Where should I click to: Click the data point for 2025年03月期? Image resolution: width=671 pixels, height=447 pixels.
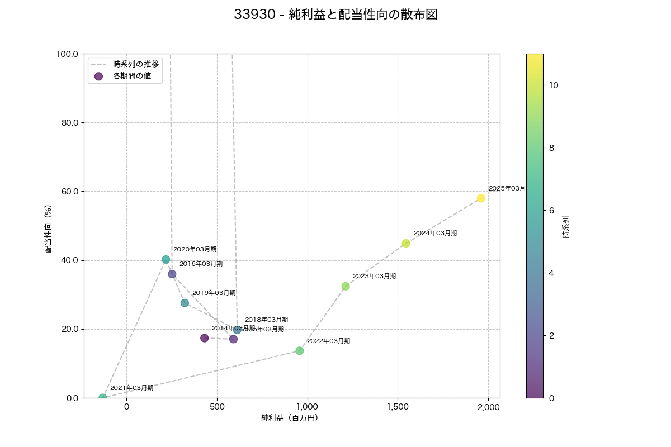[481, 198]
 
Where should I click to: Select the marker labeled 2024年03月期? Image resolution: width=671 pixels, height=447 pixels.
[406, 243]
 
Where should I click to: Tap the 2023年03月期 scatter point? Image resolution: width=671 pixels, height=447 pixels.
[346, 286]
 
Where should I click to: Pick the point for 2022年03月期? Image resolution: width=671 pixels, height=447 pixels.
[300, 351]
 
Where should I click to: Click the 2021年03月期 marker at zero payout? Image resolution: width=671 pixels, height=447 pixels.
[102, 398]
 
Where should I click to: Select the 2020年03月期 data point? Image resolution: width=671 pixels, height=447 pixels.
[166, 259]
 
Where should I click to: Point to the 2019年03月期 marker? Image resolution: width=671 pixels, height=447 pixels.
[185, 303]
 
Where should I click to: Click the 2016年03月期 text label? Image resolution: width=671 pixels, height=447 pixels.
[201, 264]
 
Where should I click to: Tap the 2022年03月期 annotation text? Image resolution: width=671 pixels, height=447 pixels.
[328, 341]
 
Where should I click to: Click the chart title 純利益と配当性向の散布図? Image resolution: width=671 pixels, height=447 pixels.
[335, 15]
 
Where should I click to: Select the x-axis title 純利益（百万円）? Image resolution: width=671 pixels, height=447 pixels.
[290, 418]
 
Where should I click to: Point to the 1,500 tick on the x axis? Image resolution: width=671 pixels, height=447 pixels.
[398, 407]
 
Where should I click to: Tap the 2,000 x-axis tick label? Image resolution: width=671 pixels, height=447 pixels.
[488, 407]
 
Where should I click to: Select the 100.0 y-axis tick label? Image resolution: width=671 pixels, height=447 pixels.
[68, 54]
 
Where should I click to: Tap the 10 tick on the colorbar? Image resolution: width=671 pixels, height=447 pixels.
[554, 85]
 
